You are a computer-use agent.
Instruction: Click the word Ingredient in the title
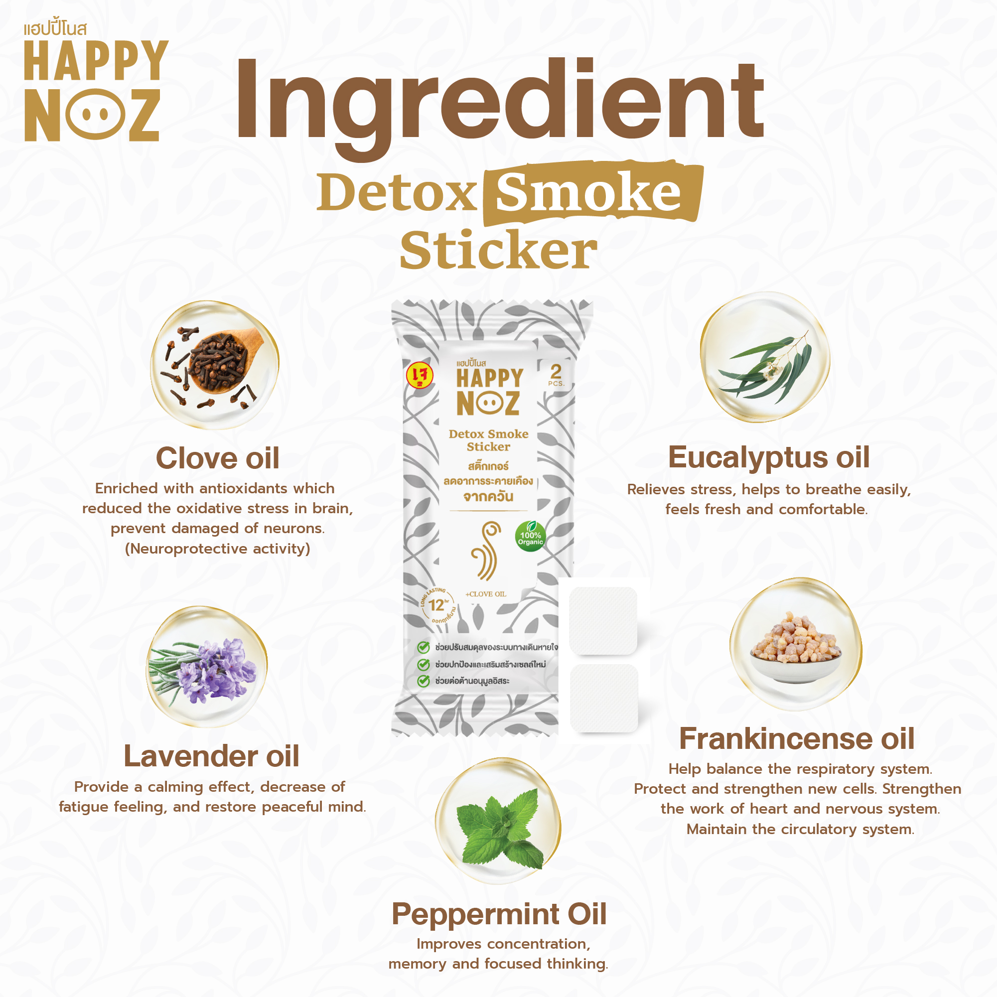(x=498, y=103)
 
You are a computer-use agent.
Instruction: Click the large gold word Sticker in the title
(x=498, y=251)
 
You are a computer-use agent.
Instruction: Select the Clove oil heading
(x=217, y=458)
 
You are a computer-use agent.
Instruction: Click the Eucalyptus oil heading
(x=768, y=457)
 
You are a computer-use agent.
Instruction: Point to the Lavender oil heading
(x=211, y=756)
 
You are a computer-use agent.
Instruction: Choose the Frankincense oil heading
(x=797, y=738)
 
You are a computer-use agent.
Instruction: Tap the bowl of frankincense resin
(x=795, y=650)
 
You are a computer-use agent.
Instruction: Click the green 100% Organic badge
(x=530, y=537)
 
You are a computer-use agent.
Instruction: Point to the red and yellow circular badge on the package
(x=420, y=375)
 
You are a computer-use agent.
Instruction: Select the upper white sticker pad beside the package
(x=603, y=620)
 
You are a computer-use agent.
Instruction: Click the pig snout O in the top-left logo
(x=96, y=114)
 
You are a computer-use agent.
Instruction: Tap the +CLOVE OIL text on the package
(x=486, y=594)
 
